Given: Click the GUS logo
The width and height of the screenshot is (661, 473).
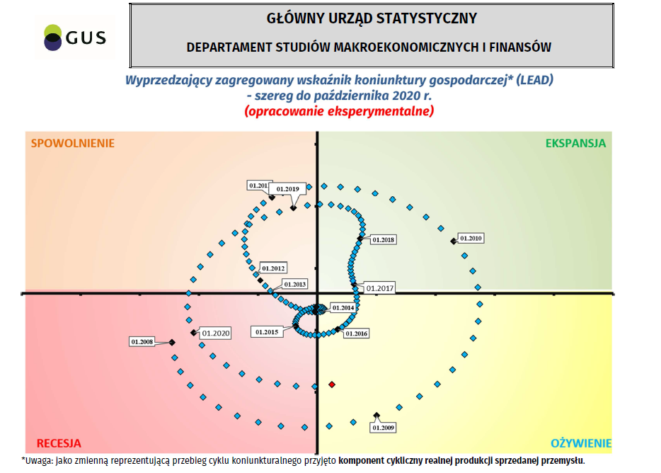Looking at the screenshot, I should [74, 38].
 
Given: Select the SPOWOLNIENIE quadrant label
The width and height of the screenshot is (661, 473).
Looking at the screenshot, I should [72, 143].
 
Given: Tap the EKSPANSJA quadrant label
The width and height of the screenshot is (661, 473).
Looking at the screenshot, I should [575, 143].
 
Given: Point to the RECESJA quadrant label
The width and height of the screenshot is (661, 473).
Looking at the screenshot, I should [59, 443].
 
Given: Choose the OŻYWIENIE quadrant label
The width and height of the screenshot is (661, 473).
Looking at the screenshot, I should [581, 444].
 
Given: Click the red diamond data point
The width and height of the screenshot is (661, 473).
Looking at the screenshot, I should [332, 384].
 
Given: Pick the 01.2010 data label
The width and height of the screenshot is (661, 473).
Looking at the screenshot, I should [471, 238].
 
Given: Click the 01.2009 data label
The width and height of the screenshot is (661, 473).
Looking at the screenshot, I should [383, 427].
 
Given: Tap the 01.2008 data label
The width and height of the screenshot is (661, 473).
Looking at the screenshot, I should [142, 342].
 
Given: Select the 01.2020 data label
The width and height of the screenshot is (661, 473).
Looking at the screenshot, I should [216, 333].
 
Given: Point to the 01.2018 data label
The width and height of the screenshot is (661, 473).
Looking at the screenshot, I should [383, 240].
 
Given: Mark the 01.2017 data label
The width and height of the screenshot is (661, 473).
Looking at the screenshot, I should [379, 288].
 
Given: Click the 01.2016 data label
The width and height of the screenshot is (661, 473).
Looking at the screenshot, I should [356, 334].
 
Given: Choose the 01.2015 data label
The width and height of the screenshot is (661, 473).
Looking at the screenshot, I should [267, 331].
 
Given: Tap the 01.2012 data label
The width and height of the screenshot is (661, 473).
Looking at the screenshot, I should [273, 268].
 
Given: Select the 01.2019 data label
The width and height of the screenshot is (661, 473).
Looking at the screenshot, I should [287, 188].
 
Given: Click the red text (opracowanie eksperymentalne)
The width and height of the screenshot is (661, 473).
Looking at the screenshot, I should [339, 111].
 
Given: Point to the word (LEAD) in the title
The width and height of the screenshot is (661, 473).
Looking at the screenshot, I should [534, 80].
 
